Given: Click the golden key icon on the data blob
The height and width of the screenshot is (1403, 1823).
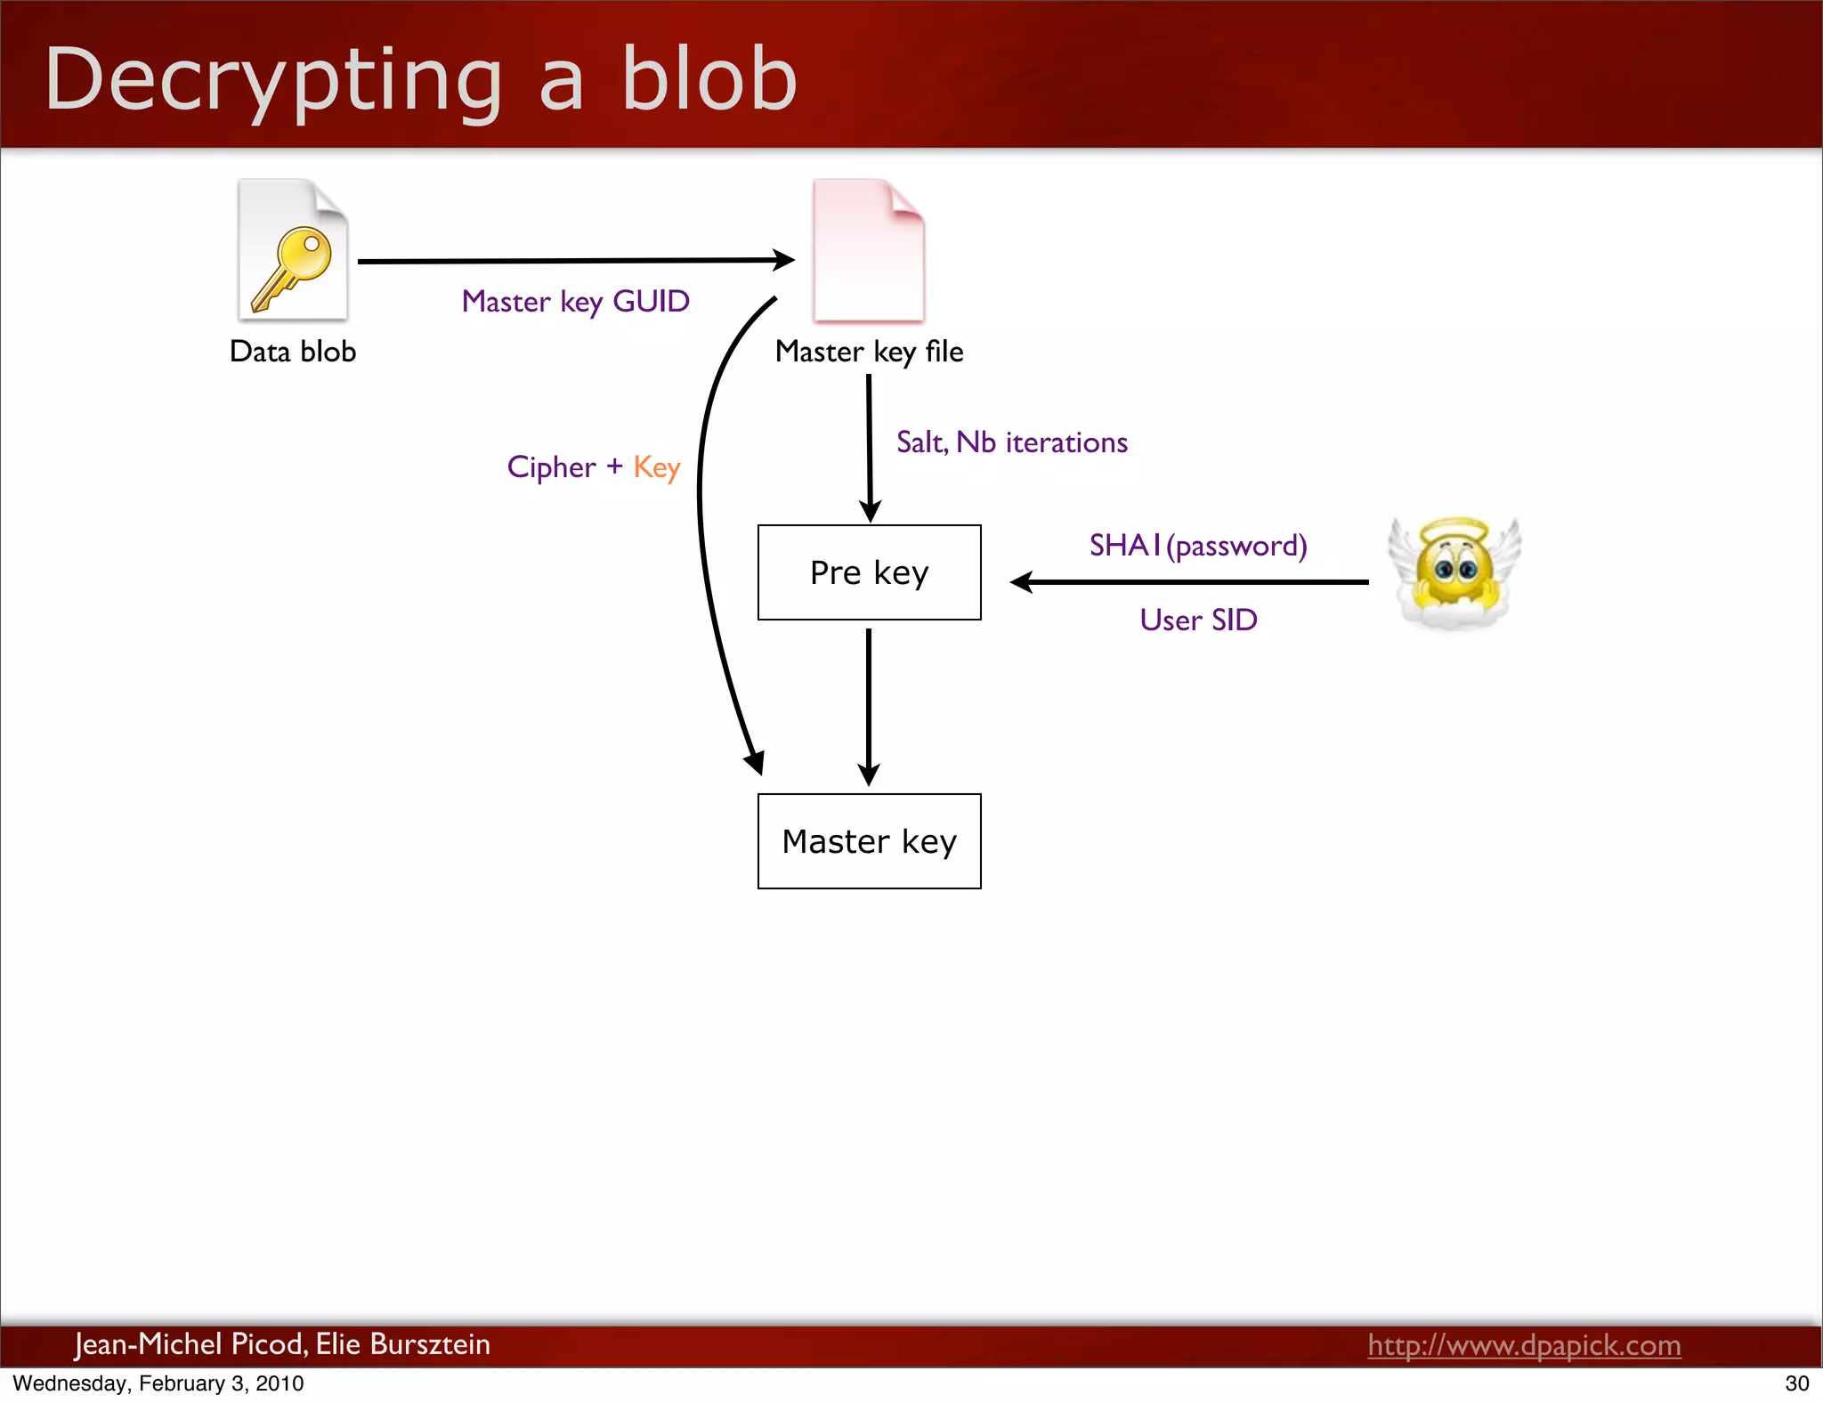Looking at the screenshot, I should coord(292,267).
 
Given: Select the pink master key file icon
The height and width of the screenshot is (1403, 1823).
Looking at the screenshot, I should coord(868,251).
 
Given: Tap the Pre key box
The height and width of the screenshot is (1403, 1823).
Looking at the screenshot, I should coord(869,572).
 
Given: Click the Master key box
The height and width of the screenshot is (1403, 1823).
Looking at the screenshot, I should coord(869,841).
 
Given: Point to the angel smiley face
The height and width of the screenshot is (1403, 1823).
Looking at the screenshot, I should coord(1454,572).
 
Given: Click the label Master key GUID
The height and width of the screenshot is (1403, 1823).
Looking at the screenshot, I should coord(575,302).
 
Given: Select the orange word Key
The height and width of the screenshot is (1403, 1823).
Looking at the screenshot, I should coord(656,467).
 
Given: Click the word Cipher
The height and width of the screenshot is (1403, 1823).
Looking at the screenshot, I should coord(551,467).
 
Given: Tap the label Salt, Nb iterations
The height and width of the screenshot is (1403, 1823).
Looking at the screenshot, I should coord(1011,442).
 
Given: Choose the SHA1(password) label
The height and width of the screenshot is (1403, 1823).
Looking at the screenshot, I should coord(1197,545).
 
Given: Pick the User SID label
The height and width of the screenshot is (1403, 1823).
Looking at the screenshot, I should coord(1198,620).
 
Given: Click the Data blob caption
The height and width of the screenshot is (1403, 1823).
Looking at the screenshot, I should coord(293,352).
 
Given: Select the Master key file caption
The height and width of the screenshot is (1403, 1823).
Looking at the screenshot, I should coord(869,352).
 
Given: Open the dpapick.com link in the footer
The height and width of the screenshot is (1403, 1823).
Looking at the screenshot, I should coord(1524,1345).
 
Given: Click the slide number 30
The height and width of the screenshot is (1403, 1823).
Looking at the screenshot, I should coord(1796,1383).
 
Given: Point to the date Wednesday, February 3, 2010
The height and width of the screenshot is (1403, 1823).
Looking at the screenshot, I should coord(158,1383).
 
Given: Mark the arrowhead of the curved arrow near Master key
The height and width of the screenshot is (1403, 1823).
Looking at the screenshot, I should coord(755,764).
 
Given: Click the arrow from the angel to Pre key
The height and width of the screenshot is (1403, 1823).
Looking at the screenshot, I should coord(1189,582).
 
